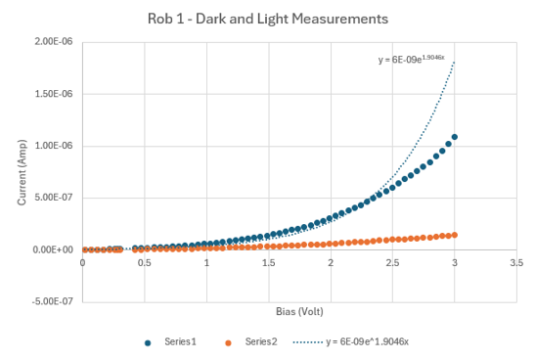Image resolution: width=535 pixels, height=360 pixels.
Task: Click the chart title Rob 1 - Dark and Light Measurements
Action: pos(267,19)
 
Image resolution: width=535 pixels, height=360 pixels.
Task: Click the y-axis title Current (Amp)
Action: pos(22,172)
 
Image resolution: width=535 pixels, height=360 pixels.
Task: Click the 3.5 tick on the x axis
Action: pos(516,263)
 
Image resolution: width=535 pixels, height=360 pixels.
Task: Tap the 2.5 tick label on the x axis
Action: pos(392,263)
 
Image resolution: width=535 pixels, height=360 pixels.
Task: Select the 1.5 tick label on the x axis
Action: pos(268,263)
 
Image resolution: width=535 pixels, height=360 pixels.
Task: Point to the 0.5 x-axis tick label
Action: pos(144,263)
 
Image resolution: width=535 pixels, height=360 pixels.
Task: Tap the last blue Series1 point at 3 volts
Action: pos(455,137)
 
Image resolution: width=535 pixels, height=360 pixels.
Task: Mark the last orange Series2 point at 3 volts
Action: pos(455,235)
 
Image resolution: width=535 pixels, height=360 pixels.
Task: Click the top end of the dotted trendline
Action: pos(455,63)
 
